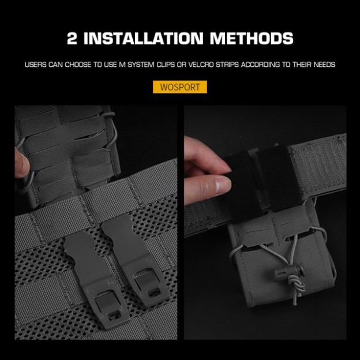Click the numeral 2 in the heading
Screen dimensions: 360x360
pos(74,39)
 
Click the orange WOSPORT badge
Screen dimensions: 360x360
pos(179,87)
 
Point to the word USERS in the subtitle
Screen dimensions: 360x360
pos(36,65)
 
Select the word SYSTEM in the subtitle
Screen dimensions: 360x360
pos(149,65)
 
